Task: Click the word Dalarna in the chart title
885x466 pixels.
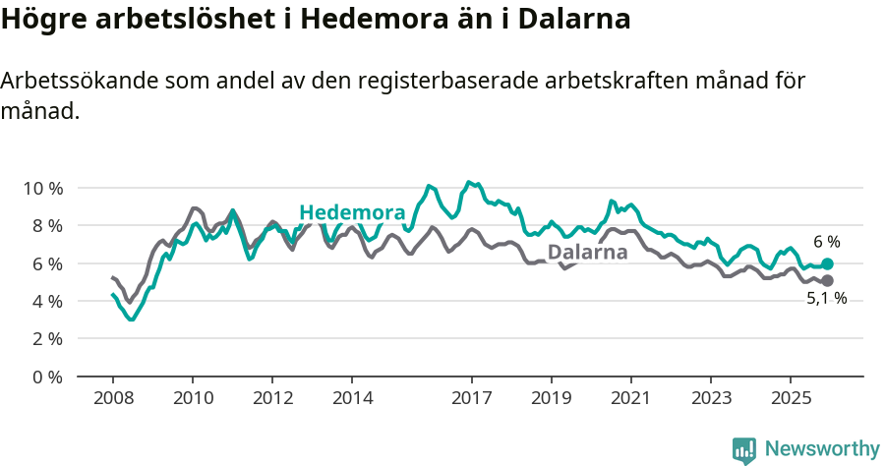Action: coord(573,20)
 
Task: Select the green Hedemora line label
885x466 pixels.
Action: coord(352,212)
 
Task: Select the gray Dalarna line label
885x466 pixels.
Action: coord(587,253)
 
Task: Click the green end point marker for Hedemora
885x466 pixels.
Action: coord(828,263)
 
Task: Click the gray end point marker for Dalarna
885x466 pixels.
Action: coord(828,281)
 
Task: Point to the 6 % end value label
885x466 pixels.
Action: coord(827,242)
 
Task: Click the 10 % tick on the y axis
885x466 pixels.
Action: coord(43,188)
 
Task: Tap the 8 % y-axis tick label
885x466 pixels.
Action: coord(47,225)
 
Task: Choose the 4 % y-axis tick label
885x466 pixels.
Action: coord(47,301)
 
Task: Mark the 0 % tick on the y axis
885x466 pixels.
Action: coord(47,377)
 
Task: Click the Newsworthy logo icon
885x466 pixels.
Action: coord(744,449)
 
